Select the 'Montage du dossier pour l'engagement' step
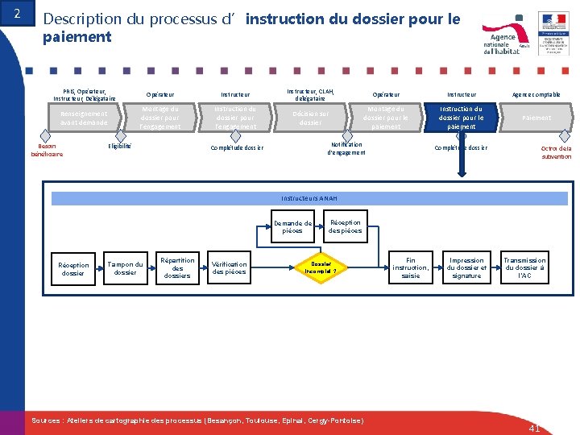[x=159, y=118]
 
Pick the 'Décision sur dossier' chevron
[x=310, y=118]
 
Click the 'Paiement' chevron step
[x=536, y=118]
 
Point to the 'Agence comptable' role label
[x=536, y=95]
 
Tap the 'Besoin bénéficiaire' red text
[x=47, y=150]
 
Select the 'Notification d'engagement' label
[x=345, y=148]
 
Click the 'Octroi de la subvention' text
[x=556, y=152]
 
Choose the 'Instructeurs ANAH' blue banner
[x=309, y=198]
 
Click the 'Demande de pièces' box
[x=292, y=227]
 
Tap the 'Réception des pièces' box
[x=345, y=227]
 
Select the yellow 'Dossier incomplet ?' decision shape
[x=321, y=267]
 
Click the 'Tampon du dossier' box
[x=126, y=268]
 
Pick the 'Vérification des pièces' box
[x=229, y=268]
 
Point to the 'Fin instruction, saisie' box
[x=411, y=268]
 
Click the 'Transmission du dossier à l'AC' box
[x=524, y=268]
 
